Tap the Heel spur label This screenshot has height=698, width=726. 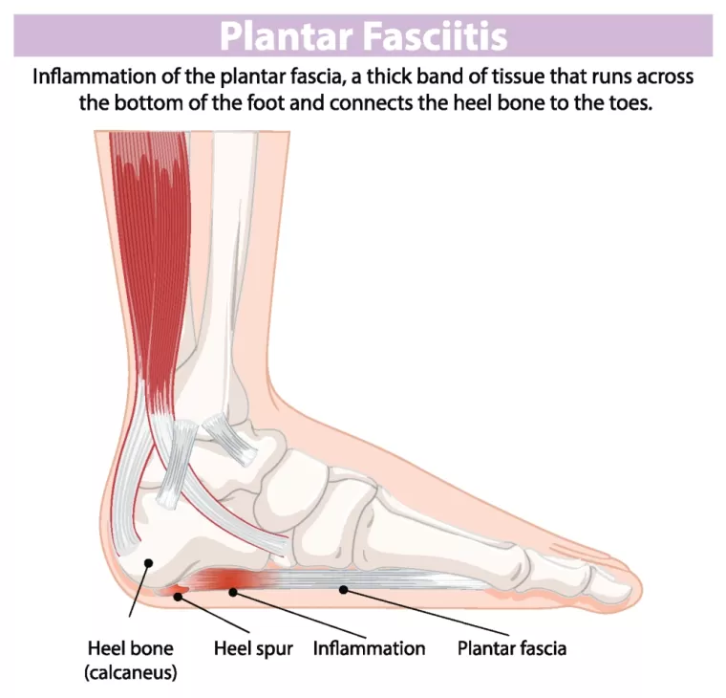pos(252,647)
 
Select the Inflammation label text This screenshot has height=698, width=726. pos(369,647)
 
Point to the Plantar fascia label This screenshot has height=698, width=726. pos(511,647)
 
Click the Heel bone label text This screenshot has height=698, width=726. pos(130,647)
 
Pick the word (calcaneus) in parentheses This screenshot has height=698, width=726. pos(130,673)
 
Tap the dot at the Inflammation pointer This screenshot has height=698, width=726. pos(232,593)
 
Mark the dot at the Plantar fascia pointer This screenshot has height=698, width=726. pos(343,590)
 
